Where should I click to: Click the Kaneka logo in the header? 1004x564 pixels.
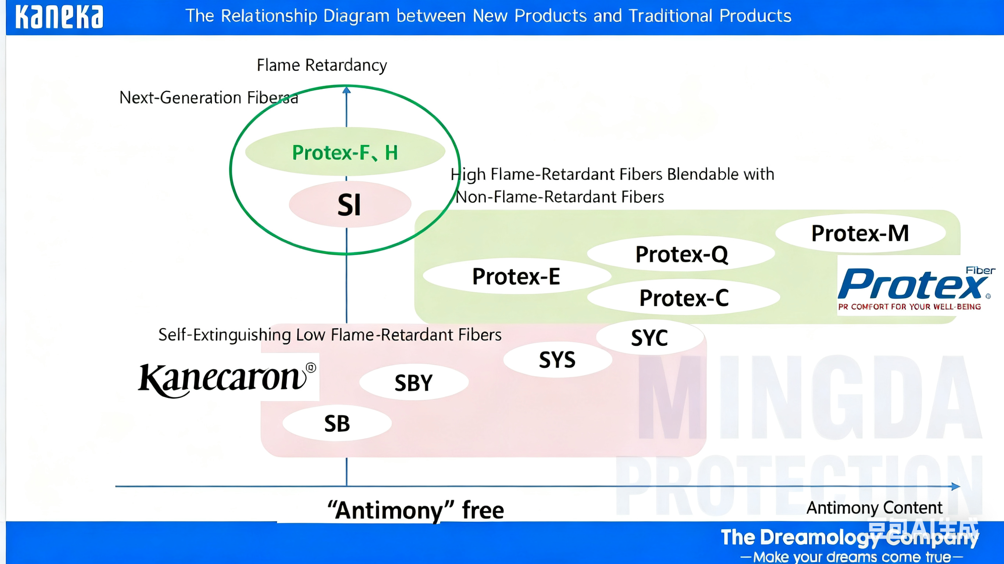tap(59, 17)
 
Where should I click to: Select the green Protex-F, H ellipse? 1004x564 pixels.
tap(345, 152)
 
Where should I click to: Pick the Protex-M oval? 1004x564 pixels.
tap(860, 233)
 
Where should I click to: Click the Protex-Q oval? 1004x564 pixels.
tap(681, 254)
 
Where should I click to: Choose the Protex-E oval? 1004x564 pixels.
tap(516, 276)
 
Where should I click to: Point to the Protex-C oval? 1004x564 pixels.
tap(684, 298)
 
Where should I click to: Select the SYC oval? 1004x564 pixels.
tap(649, 337)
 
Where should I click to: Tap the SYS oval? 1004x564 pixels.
tap(557, 359)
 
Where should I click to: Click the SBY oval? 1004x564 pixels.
tap(413, 382)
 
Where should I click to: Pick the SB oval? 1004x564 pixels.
tap(337, 423)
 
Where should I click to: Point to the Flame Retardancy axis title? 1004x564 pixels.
tap(321, 65)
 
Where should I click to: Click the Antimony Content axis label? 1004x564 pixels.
tap(874, 508)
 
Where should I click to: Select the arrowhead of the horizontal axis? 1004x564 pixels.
tap(956, 486)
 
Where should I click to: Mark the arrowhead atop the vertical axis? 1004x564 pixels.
tap(346, 90)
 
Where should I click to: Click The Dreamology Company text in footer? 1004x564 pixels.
tap(850, 538)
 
